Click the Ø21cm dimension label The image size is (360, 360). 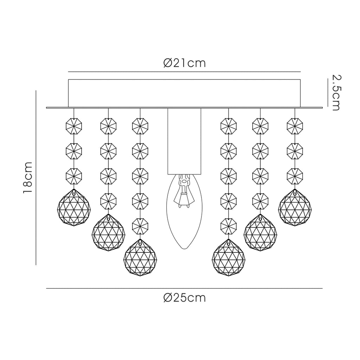coord(185,63)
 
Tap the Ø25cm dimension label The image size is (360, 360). coord(185,298)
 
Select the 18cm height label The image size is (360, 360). coord(27,178)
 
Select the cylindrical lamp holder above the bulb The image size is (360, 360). coord(184,141)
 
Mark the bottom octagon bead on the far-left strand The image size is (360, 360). coord(74,175)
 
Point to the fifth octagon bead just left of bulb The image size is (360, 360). coord(140,225)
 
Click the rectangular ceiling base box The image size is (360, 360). coord(184,93)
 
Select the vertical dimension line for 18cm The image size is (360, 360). coord(36,178)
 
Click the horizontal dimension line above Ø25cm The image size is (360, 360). coord(184,289)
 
